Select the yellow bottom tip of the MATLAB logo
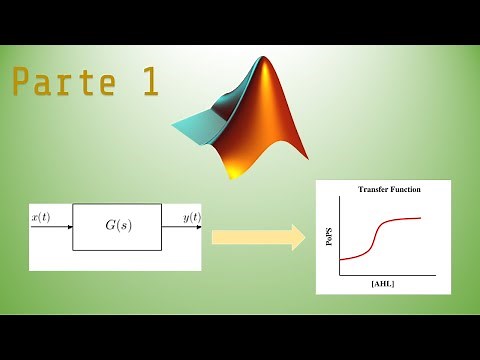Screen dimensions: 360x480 (235, 172)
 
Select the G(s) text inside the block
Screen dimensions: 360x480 (116, 227)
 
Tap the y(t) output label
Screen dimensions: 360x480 (191, 217)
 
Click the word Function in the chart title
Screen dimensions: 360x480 (406, 188)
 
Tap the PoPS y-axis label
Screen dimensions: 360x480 (329, 238)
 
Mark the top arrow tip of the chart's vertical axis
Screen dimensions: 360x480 (340, 197)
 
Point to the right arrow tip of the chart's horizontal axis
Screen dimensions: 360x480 (434, 275)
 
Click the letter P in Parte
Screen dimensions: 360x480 (21, 83)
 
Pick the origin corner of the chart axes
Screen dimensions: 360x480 (340, 275)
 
